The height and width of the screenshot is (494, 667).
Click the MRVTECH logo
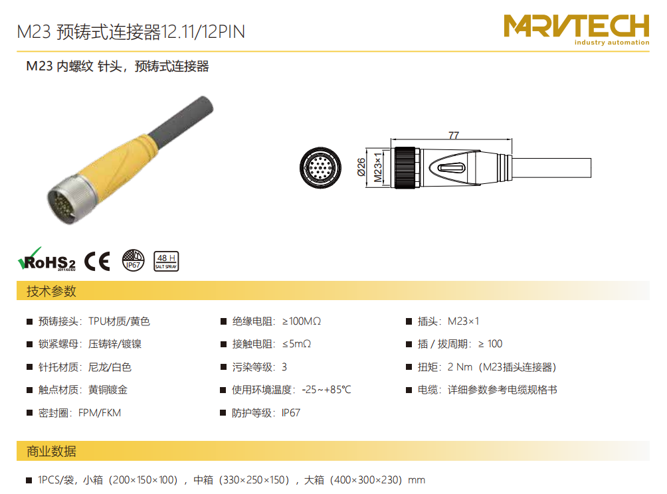577,29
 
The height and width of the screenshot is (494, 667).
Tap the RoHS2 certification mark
47,260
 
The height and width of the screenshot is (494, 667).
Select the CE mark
98,261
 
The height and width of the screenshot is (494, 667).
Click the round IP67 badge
133,260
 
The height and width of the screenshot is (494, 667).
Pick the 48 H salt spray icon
166,261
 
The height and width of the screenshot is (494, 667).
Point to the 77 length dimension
454,135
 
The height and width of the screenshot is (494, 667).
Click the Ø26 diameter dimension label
361,167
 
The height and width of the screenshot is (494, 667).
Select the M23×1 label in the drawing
377,167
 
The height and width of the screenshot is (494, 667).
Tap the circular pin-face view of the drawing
320,168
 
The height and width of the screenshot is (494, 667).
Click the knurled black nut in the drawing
405,167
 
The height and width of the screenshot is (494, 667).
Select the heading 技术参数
51,291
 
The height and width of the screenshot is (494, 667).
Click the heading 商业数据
51,451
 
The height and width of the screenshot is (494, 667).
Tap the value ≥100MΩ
302,321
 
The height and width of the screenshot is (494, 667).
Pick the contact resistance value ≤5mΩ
296,344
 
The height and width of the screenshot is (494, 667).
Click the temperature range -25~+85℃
326,390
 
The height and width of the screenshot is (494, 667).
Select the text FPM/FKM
100,413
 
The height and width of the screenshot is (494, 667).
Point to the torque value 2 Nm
460,367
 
